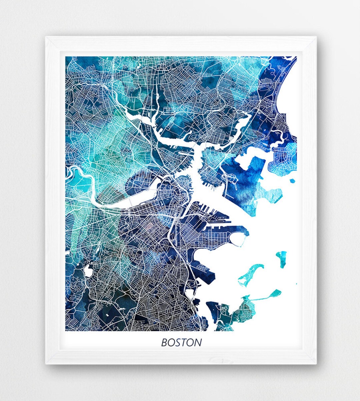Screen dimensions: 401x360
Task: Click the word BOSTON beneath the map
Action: [x=181, y=342]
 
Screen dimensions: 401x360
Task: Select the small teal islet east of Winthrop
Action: [x=292, y=181]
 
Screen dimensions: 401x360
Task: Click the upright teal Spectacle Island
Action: [x=282, y=259]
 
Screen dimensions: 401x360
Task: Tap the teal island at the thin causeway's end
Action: [x=275, y=293]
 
